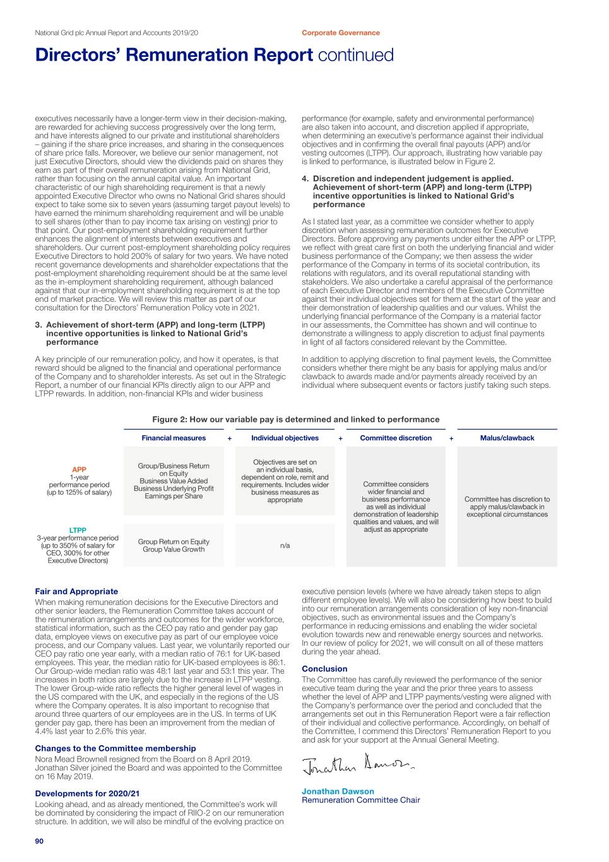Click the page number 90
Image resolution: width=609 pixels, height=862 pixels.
[x=39, y=841]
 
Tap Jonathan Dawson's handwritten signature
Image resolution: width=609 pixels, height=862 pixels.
[x=358, y=765]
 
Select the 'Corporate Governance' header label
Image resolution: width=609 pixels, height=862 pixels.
[x=341, y=33]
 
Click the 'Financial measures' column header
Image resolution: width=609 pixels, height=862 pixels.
[x=174, y=438]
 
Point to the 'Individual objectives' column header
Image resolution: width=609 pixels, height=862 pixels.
[x=285, y=438]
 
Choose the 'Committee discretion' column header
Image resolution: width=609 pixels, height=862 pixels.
[x=396, y=438]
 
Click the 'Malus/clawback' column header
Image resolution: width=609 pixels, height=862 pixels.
[x=507, y=438]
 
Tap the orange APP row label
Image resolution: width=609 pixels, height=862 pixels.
[x=79, y=470]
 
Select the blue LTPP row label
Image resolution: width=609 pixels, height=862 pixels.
[x=78, y=530]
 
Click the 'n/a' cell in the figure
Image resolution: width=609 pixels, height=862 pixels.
[x=285, y=546]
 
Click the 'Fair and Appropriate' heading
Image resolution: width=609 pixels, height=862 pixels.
[x=76, y=592]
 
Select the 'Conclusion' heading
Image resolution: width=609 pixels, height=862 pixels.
[x=324, y=669]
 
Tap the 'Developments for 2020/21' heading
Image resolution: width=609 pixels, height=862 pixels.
[x=87, y=794]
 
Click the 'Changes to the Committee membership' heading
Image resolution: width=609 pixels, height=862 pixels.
[x=115, y=748]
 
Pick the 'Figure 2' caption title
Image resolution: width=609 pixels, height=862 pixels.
[x=295, y=419]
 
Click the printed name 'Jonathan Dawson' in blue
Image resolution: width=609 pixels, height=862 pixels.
[x=338, y=791]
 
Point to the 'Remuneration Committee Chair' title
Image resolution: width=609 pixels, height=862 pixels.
[x=360, y=800]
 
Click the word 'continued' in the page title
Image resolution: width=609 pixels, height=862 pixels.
[x=355, y=56]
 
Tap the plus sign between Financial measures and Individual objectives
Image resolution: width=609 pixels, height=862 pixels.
[x=230, y=438]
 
